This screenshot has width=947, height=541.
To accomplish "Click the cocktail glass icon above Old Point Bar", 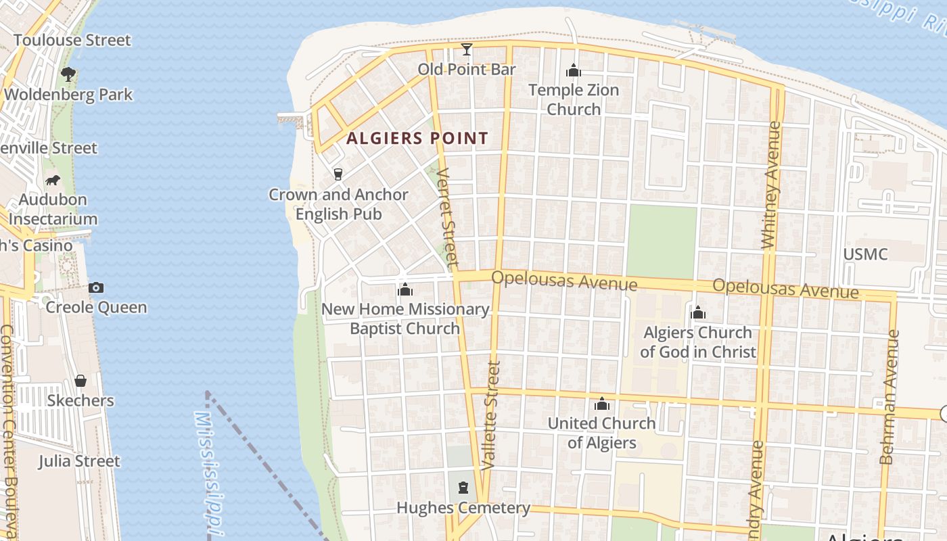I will coord(467,49).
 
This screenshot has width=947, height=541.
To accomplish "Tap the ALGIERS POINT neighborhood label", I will coord(417,139).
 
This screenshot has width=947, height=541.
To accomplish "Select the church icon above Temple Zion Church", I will coord(574,70).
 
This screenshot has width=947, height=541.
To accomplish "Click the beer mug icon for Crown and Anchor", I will coord(338,174).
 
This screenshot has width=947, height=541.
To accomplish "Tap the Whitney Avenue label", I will coord(770,185).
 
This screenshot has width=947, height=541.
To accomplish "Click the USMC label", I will coord(865,254).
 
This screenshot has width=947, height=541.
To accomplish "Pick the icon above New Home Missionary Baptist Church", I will coord(405,290).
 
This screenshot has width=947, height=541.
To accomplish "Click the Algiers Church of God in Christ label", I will coord(698,342).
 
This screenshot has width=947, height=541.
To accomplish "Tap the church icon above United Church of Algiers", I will coord(601,404).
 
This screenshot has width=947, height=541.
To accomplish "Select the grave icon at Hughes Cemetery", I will coord(463,488).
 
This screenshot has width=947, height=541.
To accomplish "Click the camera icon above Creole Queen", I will coord(96,288).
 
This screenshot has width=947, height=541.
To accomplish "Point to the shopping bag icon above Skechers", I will coord(80,381).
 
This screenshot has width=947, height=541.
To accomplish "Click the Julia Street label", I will coord(79,461).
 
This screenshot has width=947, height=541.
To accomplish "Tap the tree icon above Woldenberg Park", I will coord(68,74).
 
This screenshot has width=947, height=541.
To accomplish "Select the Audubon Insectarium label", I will coord(53,209).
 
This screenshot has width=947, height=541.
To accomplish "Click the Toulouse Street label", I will coord(72,40).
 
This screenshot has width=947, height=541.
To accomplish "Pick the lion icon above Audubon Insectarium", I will coord(53,180).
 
